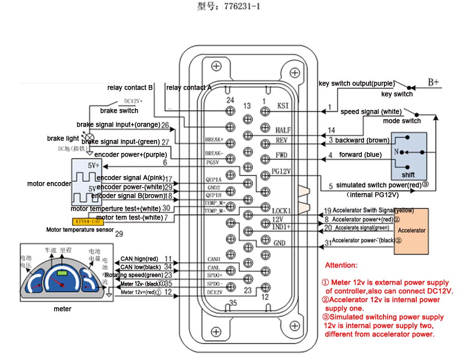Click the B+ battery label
[433, 82]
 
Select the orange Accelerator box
[411, 231]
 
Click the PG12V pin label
[281, 171]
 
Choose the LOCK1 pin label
[281, 211]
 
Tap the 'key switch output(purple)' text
[356, 84]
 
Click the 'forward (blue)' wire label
[360, 154]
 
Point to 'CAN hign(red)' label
[139, 259]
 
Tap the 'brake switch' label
[119, 111]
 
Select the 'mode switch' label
[401, 121]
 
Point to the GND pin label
[279, 243]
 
